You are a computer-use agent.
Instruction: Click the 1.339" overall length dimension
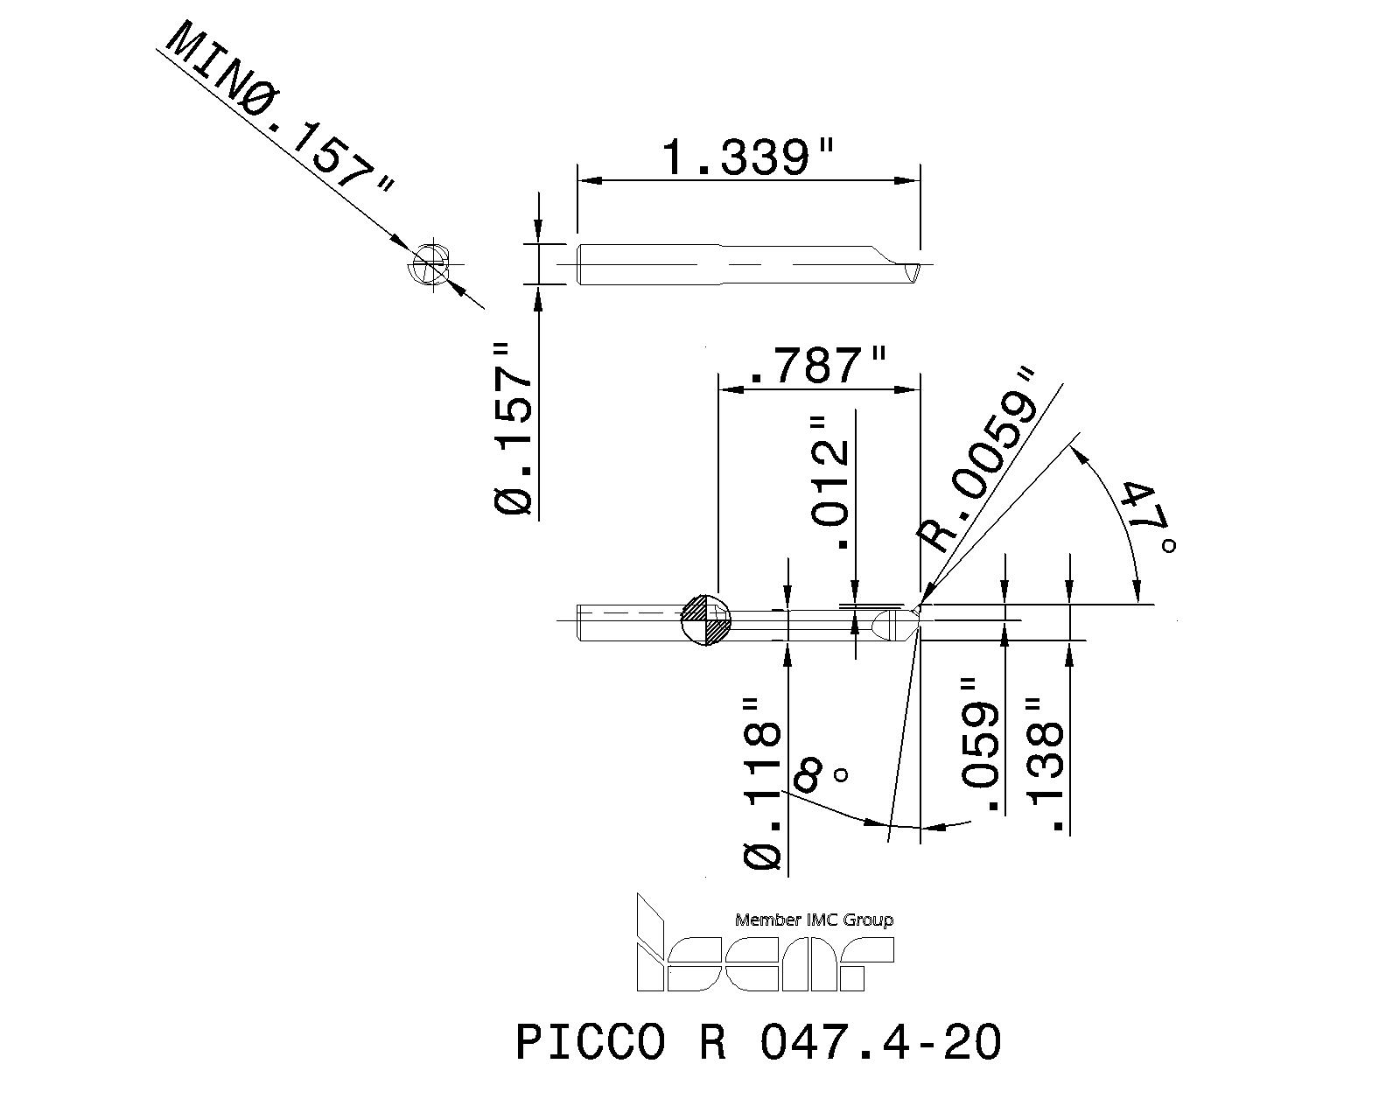coord(746,158)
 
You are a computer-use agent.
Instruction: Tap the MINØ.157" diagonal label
coord(278,110)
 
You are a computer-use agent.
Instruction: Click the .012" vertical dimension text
coord(830,481)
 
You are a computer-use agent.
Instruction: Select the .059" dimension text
coord(980,744)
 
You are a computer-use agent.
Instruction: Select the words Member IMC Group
coord(814,920)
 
